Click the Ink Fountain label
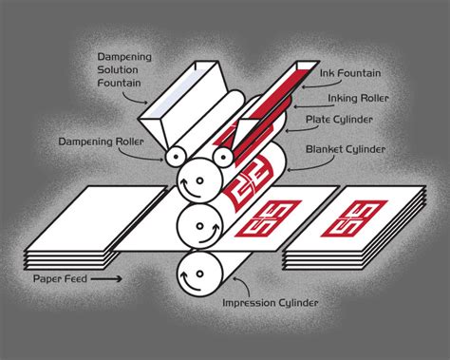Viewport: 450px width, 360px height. (x=350, y=73)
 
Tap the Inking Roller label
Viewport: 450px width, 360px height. (x=358, y=98)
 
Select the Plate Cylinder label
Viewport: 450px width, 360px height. (x=339, y=120)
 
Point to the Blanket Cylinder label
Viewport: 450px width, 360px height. (x=346, y=149)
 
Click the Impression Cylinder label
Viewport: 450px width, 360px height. (x=270, y=303)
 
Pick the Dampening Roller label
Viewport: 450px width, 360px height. (x=101, y=142)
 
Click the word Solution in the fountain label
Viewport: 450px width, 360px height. (x=118, y=69)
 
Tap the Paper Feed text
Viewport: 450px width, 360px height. (x=60, y=279)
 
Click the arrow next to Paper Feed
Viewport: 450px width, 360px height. (x=106, y=279)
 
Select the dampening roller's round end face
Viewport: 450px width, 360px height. (x=175, y=156)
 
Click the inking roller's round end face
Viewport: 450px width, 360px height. (x=223, y=157)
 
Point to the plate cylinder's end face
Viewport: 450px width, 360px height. (x=199, y=180)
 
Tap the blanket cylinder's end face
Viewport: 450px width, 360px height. (x=199, y=226)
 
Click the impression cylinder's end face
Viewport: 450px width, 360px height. (x=199, y=273)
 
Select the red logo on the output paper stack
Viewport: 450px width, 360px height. (x=354, y=218)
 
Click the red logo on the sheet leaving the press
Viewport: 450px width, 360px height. (x=268, y=218)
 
